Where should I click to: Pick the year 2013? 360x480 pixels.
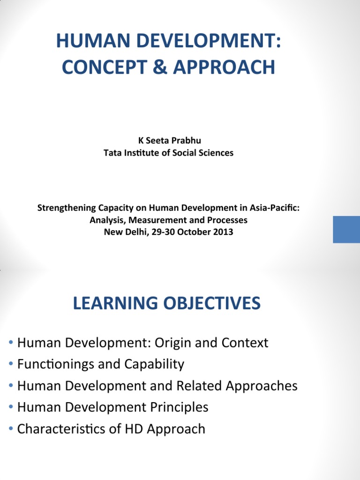(223, 232)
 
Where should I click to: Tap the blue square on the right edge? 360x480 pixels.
(346, 229)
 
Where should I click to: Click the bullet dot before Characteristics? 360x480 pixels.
(11, 429)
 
